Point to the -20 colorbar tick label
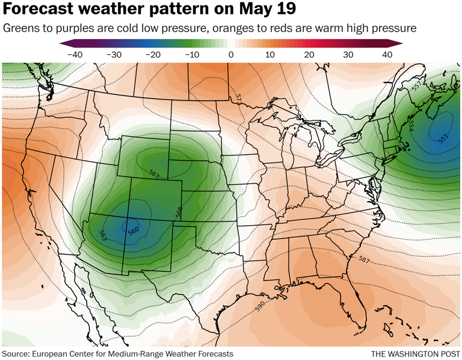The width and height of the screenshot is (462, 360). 152,55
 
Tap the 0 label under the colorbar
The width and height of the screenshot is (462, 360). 231,55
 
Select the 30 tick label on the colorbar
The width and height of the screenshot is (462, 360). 348,55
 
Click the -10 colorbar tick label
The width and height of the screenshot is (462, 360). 191,55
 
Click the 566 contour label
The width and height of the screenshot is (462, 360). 179,212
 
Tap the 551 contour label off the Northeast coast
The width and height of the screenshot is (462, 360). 443,138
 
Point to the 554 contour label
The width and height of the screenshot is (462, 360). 411,125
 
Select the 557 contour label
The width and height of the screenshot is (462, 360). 416,87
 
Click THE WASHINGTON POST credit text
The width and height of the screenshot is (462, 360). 415,353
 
